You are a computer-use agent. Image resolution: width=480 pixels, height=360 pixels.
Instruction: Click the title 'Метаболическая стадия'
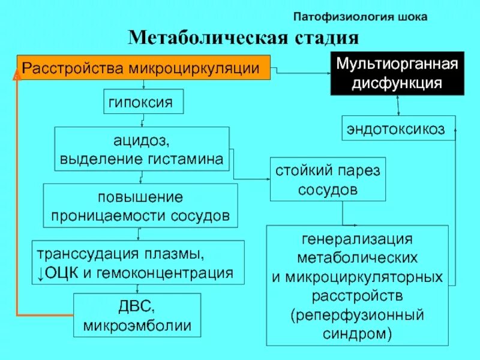244,39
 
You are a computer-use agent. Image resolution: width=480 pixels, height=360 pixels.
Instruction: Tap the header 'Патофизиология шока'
360,17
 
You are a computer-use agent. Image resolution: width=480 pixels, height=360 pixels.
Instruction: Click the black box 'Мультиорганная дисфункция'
397,73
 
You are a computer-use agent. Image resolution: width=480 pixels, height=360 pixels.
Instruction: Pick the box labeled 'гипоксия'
141,103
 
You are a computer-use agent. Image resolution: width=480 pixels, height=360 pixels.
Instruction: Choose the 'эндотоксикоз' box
398,128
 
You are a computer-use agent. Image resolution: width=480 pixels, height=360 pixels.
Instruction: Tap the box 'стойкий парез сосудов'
328,179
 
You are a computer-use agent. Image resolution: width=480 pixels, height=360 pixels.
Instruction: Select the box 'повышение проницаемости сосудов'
140,205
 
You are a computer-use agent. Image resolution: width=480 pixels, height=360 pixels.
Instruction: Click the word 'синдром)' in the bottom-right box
357,333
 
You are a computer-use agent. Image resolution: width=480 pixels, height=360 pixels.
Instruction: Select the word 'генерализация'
357,238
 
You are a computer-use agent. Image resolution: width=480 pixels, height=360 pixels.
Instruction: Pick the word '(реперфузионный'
357,314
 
